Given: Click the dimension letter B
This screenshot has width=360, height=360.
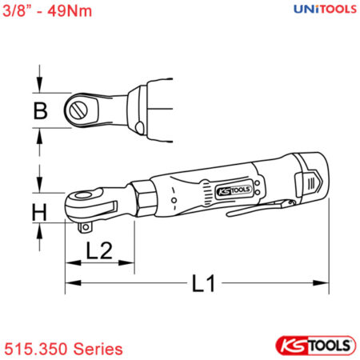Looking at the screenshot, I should coord(39,111).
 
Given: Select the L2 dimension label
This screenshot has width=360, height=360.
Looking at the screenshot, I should coord(98,251).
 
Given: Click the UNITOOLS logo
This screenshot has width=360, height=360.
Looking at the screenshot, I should coord(316,10).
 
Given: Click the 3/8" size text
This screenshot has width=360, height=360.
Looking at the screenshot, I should coord(17,11).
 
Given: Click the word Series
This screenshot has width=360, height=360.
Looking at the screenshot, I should coord(98,349).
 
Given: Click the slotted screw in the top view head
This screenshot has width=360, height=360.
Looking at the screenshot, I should coord(80,108).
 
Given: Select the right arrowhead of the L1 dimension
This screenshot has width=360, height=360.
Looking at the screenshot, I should coord(324,282).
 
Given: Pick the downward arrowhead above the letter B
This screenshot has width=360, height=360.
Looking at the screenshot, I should coord(39,90).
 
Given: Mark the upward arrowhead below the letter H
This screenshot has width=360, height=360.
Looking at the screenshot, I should coord(39,228).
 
